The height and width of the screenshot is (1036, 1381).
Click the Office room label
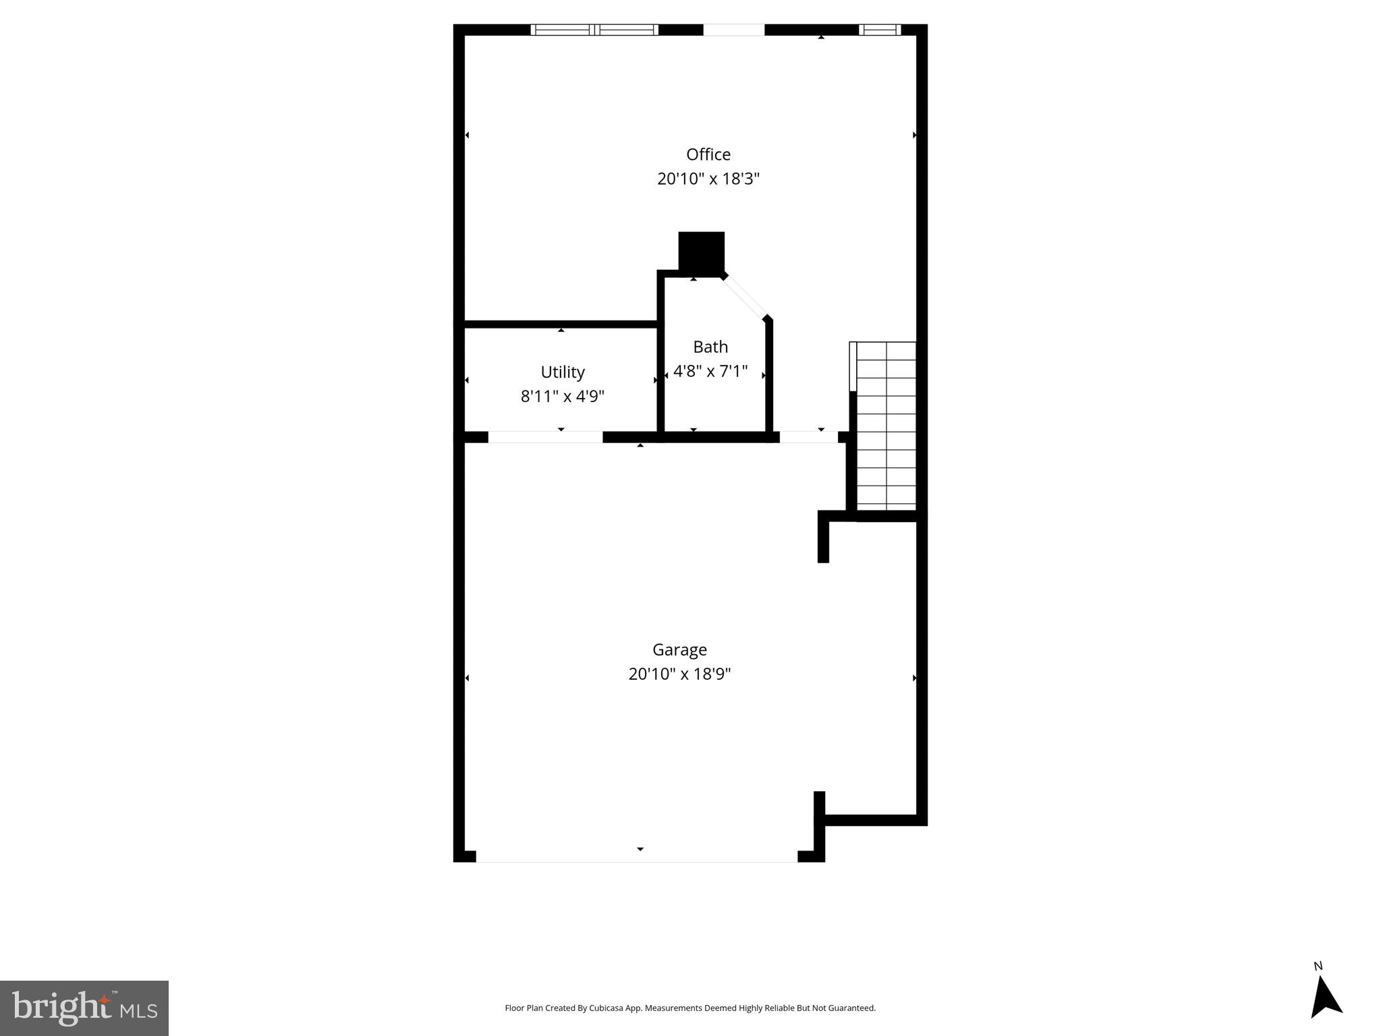708,154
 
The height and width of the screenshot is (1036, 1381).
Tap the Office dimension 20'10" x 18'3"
708,179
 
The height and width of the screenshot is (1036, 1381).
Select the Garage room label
679,650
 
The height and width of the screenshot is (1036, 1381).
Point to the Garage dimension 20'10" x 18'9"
679,674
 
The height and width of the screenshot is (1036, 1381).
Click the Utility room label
562,372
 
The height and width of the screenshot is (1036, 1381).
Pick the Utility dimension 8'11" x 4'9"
562,396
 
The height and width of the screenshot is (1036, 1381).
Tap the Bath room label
710,347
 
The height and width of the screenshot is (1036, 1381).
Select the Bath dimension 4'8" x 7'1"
710,371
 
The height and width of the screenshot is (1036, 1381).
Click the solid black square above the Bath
701,252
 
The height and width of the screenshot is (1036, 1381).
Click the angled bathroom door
745,296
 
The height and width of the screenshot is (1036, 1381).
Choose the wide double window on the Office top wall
594,30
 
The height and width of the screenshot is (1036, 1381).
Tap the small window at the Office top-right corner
879,30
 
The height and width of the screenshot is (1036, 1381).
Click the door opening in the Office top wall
733,30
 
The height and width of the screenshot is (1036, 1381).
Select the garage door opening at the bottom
636,856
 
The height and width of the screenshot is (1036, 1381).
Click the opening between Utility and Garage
544,437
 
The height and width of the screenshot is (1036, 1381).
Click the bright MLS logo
84,1008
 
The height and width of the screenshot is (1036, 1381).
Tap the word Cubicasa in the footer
605,1008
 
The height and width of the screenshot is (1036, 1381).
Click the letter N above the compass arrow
1318,967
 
